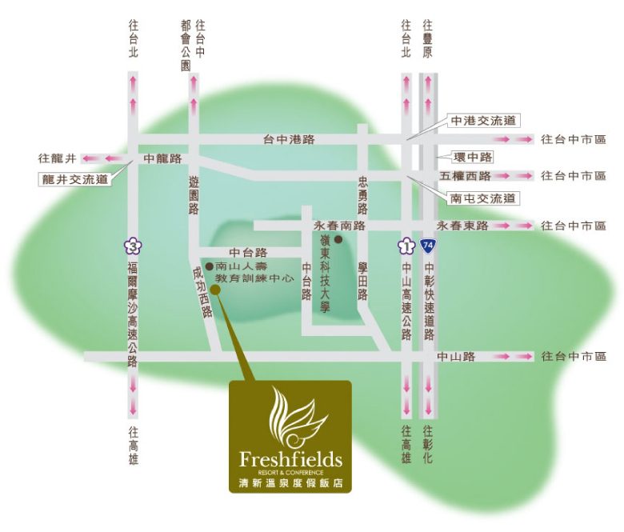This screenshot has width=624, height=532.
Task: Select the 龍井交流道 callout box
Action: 74,180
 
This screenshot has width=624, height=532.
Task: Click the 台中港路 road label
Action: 290,139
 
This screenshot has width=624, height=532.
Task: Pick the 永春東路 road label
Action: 462,226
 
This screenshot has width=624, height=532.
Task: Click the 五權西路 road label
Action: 465,176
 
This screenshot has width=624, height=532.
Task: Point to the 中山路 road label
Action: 457,357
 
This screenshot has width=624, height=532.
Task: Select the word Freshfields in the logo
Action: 290,460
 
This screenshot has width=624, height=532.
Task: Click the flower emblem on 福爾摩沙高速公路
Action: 132,246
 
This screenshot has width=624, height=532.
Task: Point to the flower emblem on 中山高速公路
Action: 406,245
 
